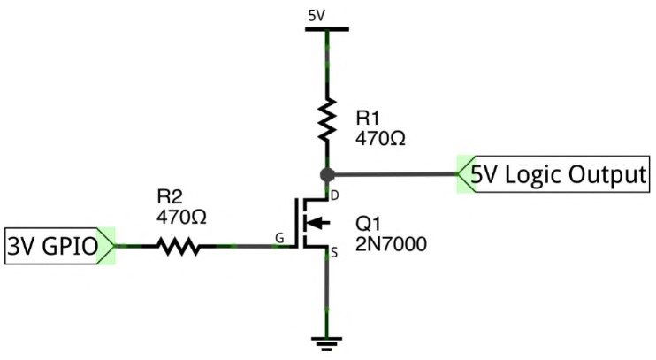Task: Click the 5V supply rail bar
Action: pos(327,29)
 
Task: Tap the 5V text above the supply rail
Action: pos(317,16)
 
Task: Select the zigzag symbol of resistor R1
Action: pos(327,119)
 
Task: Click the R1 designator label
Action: pos(367,118)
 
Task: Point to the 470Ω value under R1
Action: pos(380,138)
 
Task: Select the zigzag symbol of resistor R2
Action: pos(179,246)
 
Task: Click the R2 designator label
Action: pos(170,196)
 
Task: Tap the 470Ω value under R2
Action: pos(181,217)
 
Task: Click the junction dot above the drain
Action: pos(327,174)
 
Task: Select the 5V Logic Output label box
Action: pos(554,174)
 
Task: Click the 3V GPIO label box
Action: pos(60,246)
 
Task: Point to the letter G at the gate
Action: pos(279,238)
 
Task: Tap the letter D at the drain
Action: pos(335,195)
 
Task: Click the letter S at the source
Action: pos(334,253)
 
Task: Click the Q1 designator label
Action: pos(368,225)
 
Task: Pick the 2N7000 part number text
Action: pos(391,244)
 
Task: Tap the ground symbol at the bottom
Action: pos(327,343)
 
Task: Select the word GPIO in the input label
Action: pos(71,247)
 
